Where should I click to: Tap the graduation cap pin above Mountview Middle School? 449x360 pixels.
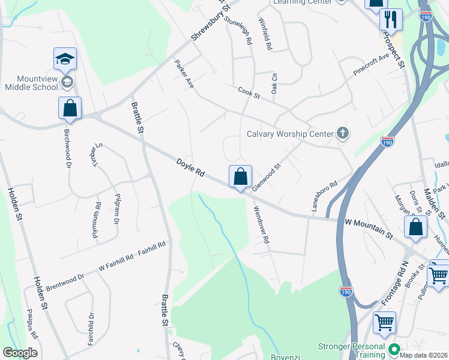tap(65, 59)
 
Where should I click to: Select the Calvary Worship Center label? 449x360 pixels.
tap(290, 134)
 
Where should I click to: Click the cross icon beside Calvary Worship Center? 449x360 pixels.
tap(342, 133)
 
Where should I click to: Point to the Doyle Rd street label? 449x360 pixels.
tap(191, 167)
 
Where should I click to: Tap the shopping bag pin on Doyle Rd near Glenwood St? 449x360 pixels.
tap(240, 177)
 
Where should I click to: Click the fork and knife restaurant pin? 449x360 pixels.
tap(391, 19)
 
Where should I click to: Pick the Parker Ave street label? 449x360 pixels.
tap(184, 74)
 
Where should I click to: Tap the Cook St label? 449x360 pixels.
tap(249, 92)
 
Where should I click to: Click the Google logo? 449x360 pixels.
tap(19, 353)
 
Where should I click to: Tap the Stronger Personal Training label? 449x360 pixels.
tap(352, 351)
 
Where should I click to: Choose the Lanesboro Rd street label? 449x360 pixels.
tap(324, 197)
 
